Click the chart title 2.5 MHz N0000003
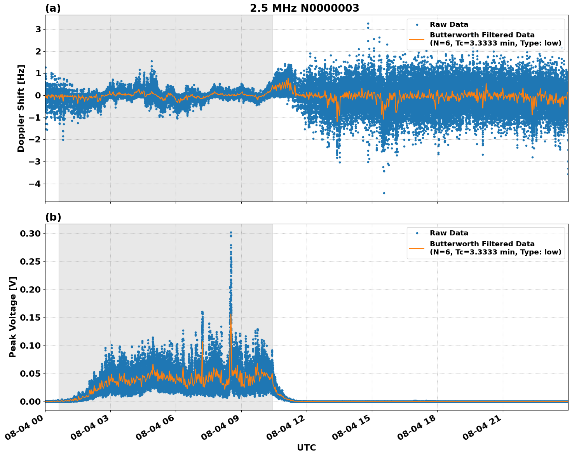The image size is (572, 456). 304,8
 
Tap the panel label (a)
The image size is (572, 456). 53,8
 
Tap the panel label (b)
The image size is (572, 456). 53,217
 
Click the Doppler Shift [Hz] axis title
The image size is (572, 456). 21,108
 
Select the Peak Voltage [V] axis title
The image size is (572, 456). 13,317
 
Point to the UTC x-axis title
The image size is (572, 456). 306,447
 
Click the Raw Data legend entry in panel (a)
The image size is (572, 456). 449,25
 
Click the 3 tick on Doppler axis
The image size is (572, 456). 38,30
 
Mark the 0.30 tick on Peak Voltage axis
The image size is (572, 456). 31,233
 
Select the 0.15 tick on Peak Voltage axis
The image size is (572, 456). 31,317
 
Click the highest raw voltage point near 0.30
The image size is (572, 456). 231,233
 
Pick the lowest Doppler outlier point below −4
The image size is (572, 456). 384,193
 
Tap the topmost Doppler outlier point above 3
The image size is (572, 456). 368,24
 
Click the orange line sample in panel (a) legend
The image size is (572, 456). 417,39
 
